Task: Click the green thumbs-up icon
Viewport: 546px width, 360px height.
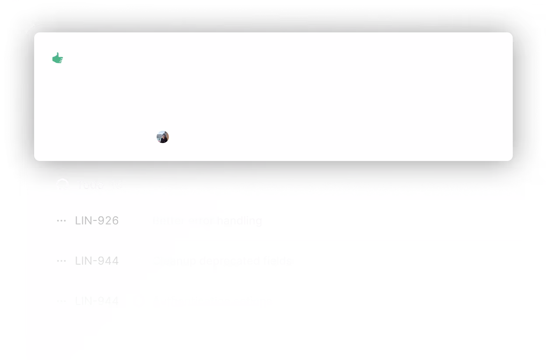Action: coord(58,58)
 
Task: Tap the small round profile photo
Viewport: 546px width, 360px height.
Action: coord(163,137)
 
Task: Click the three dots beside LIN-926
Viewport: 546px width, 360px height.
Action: coord(61,221)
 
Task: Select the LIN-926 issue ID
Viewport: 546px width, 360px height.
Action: coord(97,220)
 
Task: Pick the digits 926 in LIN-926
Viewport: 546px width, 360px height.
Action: coord(108,220)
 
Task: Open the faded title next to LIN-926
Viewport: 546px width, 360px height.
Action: coord(201,220)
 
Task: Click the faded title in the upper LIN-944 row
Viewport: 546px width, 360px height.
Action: coord(221,261)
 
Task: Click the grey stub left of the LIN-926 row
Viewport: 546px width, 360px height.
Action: coord(12,222)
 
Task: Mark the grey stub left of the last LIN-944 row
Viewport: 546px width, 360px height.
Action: coord(12,299)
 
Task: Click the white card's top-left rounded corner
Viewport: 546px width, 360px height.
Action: coord(37,35)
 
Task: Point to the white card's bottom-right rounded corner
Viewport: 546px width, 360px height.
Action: coord(510,158)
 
